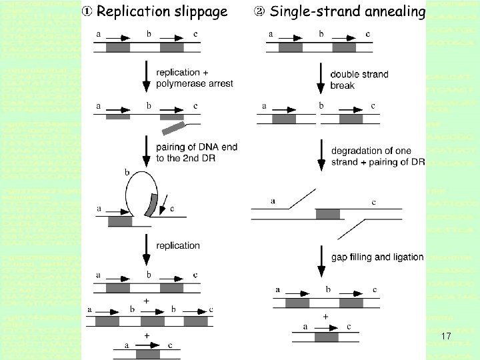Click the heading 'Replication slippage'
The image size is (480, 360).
point(162,11)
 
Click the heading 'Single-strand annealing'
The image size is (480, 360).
point(347,11)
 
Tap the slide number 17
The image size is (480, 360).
point(447,337)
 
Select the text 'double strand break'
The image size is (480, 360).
point(359,79)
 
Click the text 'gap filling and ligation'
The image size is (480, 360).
point(377,257)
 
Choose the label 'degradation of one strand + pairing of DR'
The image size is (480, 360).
point(377,157)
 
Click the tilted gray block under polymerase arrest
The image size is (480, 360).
point(173,127)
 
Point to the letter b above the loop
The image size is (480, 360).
point(127,172)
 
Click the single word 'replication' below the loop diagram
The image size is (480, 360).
point(177,245)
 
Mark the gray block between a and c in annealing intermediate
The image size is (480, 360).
point(327,214)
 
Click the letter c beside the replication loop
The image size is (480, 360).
point(172,209)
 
